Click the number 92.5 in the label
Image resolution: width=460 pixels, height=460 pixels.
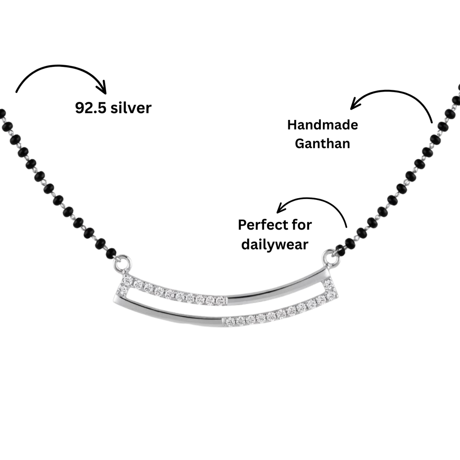click(91, 108)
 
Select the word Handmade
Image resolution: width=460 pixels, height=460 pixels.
click(323, 125)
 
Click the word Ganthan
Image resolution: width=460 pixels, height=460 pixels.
click(323, 144)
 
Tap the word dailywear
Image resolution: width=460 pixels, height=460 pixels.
click(274, 244)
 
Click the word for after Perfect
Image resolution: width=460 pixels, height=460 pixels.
click(302, 225)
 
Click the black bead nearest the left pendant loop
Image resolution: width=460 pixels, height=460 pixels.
click(111, 253)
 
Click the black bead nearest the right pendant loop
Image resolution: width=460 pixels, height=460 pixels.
click(341, 250)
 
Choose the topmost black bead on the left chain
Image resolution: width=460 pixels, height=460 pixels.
click(1, 113)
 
